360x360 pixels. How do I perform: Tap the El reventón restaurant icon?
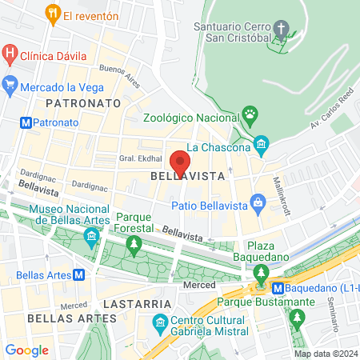[52, 14]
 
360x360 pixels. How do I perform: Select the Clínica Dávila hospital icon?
[10, 55]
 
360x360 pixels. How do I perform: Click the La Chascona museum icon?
[260, 146]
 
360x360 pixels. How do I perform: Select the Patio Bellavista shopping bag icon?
[258, 205]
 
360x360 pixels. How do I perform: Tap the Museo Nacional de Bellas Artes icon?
[93, 237]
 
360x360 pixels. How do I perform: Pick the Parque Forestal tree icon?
[135, 242]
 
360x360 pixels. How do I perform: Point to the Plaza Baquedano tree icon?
[261, 273]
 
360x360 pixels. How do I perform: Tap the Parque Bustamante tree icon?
[298, 318]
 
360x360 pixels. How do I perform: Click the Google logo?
[26, 350]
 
